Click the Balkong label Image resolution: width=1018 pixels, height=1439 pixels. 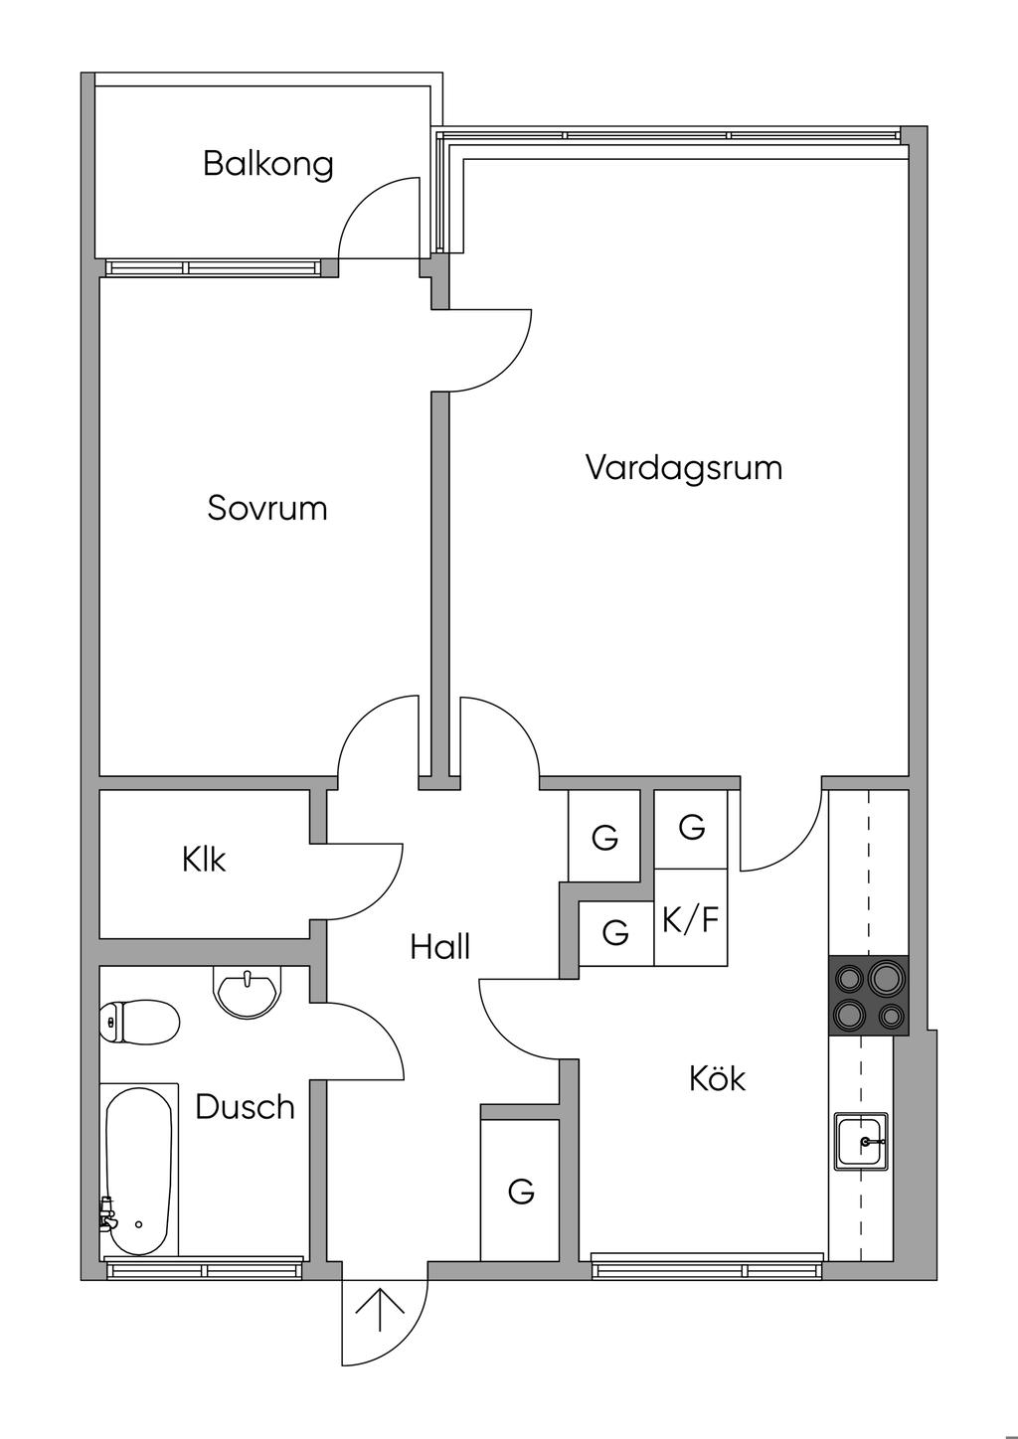click(x=267, y=163)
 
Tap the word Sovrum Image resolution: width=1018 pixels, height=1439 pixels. click(x=267, y=508)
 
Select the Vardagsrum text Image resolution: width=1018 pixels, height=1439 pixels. click(x=684, y=466)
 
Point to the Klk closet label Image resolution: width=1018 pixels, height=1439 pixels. click(x=204, y=859)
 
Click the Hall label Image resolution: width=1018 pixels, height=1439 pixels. click(x=439, y=947)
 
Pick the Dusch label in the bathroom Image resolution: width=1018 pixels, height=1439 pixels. click(x=245, y=1106)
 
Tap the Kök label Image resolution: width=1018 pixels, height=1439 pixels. click(x=717, y=1078)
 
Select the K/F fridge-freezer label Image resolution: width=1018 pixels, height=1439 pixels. click(x=690, y=920)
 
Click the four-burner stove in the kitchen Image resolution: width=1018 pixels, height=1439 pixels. click(x=868, y=996)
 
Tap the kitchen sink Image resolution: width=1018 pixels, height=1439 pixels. click(x=862, y=1141)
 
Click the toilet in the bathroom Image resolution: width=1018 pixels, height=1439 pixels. click(x=139, y=1021)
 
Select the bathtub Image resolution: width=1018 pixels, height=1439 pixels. click(x=140, y=1173)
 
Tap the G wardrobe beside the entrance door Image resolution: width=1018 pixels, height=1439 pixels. click(x=520, y=1190)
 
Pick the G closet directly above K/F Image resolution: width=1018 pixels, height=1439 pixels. click(x=691, y=826)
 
